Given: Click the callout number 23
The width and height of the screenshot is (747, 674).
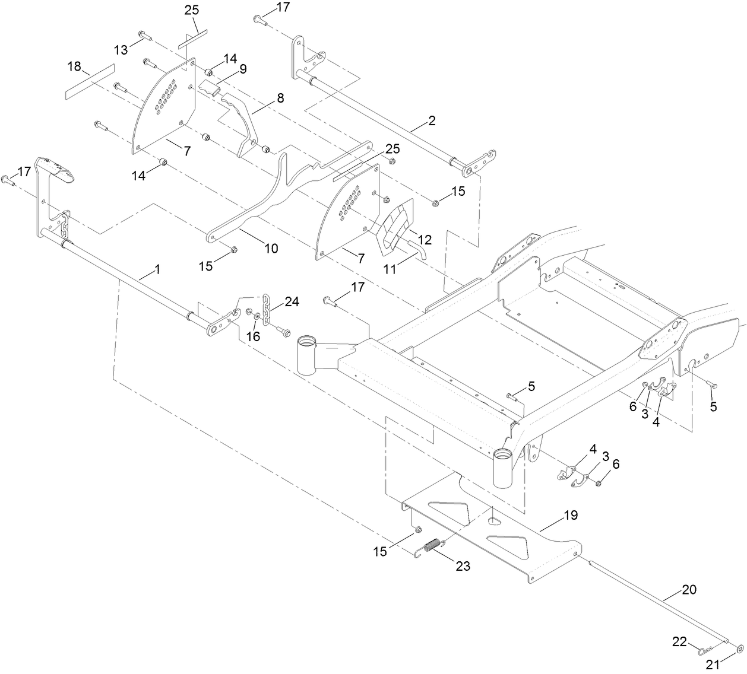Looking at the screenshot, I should tap(463, 567).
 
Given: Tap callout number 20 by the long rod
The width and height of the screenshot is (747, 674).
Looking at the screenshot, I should tap(689, 590).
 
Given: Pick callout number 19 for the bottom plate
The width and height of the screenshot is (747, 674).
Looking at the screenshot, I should tap(570, 515).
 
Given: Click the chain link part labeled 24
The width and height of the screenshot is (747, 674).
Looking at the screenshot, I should tap(267, 309).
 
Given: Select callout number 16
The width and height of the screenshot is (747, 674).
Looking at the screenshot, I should tap(254, 336).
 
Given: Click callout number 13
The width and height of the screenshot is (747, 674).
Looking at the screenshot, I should tap(121, 50).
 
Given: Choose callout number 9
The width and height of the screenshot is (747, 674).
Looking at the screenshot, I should tap(242, 69).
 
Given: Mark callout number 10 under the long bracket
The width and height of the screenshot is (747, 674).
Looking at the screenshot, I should tap(271, 248).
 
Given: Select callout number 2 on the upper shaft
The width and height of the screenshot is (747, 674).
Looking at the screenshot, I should tap(432, 120).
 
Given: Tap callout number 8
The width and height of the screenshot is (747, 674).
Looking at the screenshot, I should tap(280, 97).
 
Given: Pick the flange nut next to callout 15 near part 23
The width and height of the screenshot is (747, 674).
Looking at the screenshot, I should tap(417, 529).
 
